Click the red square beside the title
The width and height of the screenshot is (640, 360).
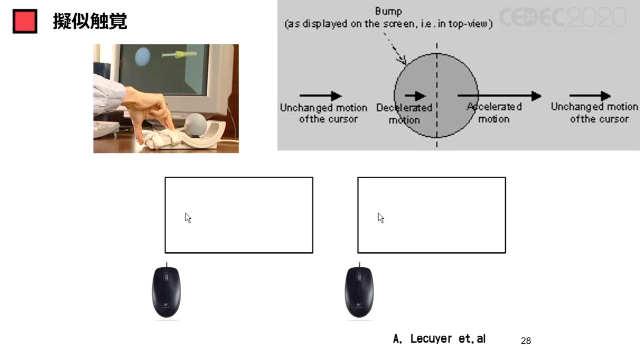pos(25,21)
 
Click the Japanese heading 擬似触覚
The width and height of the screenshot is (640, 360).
pos(90,21)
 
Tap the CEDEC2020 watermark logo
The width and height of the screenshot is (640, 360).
pos(563,17)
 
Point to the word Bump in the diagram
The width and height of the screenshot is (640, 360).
pos(388,11)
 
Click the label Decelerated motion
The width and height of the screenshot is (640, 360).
pos(404,114)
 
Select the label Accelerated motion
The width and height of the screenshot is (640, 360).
pos(494,113)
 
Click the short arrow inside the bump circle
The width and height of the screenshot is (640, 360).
pos(415,96)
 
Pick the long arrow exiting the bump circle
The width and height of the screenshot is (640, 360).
pos(499,96)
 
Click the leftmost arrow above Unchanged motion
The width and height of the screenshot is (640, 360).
pos(321,96)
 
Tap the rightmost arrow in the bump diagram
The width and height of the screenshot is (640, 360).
pos(590,96)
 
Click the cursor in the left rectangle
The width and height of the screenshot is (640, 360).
pos(188,218)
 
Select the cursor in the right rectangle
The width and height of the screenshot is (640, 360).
pos(381,218)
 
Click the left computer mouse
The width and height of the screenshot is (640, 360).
pos(166,292)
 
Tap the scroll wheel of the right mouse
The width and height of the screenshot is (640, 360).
pos(360,277)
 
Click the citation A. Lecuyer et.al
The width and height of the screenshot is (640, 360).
pos(439,339)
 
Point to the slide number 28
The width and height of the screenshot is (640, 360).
pos(526,341)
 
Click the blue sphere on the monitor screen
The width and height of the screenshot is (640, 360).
pos(142,57)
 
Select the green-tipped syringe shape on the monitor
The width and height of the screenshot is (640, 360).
pos(179,54)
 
